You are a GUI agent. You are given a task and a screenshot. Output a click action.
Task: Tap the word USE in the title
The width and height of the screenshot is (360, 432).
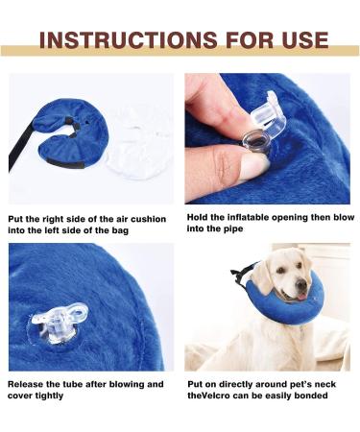point(301,40)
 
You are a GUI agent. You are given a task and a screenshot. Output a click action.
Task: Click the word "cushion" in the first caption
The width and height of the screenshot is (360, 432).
point(143,219)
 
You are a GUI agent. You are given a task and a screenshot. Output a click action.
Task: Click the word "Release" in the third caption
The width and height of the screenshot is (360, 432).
point(30,384)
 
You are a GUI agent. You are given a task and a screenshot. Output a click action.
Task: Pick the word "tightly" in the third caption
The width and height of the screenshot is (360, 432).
point(56,396)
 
